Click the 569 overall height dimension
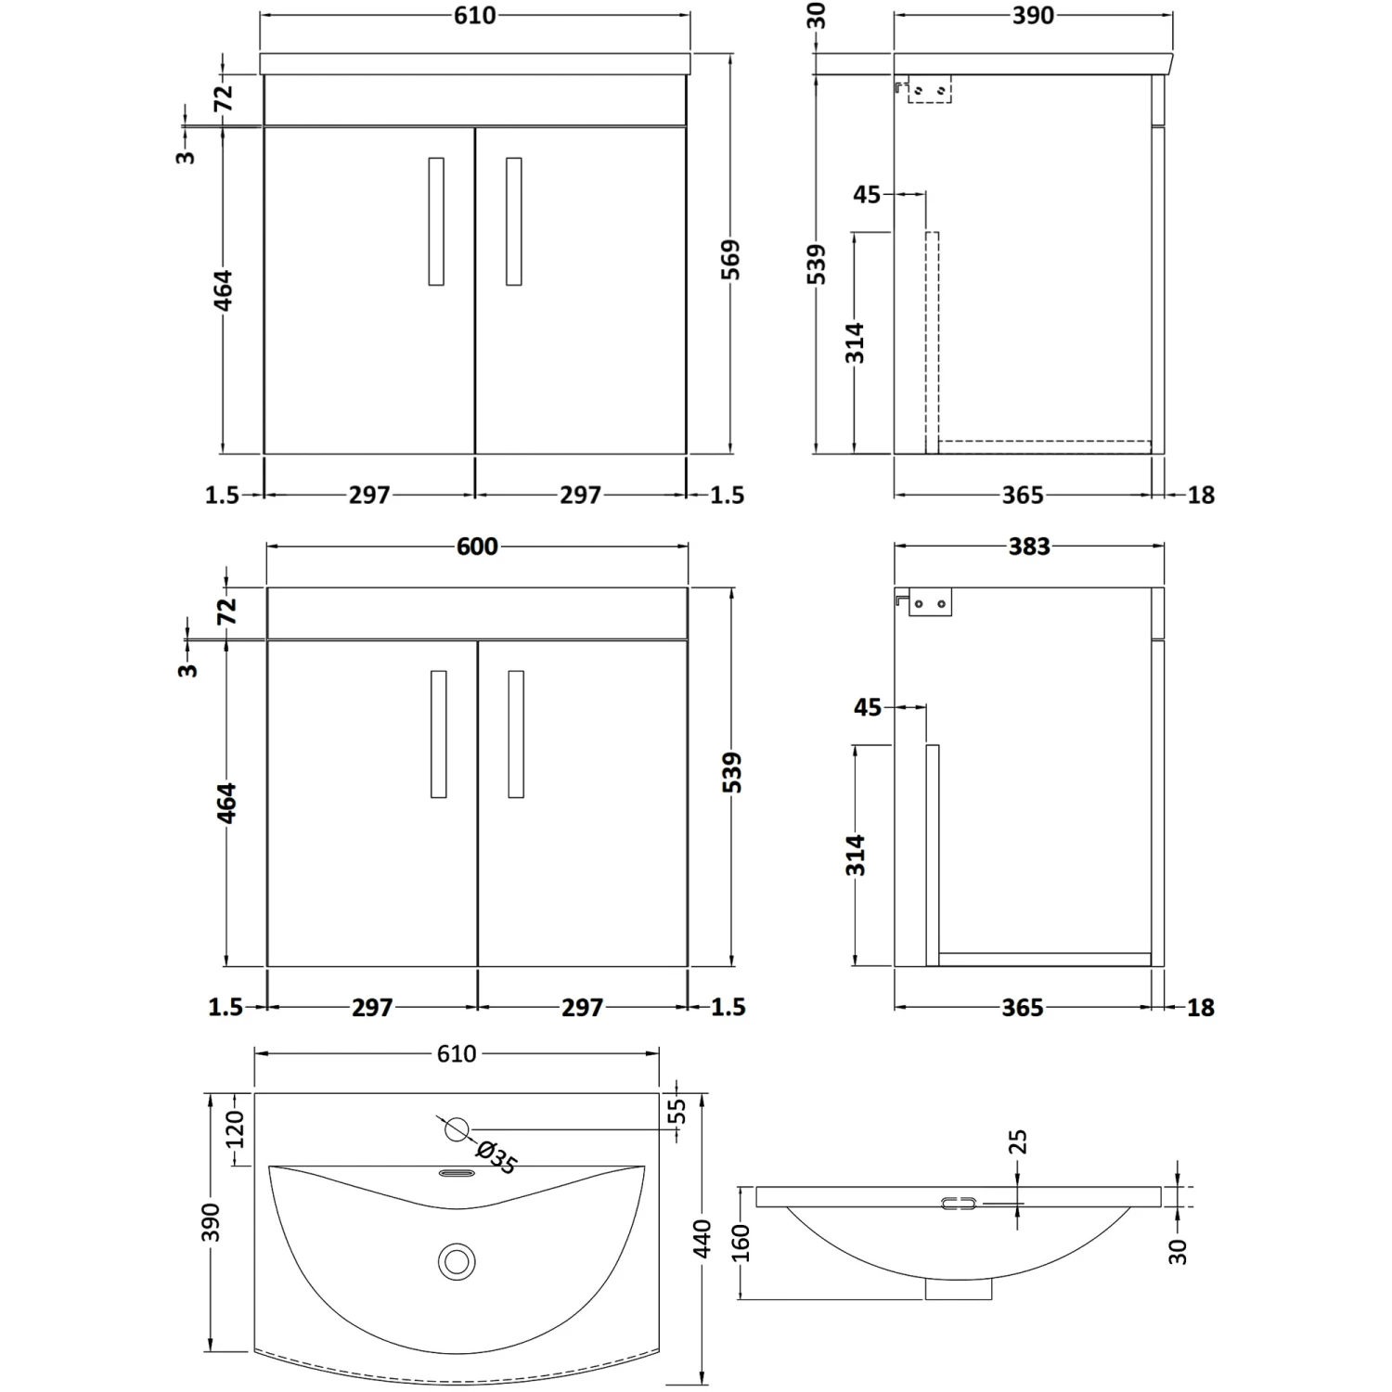click(x=731, y=260)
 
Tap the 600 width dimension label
click(x=477, y=548)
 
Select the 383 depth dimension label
click(x=1029, y=547)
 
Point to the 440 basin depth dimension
click(x=702, y=1239)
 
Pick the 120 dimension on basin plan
click(x=235, y=1129)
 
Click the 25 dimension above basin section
click(x=1017, y=1141)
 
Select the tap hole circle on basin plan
click(x=456, y=1129)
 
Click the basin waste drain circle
click(x=456, y=1262)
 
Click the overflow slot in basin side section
click(x=959, y=1204)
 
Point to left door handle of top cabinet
click(x=436, y=221)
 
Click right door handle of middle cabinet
click(x=516, y=734)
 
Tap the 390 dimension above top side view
click(x=1033, y=16)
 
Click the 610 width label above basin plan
click(x=457, y=1054)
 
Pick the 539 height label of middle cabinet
click(x=731, y=773)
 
